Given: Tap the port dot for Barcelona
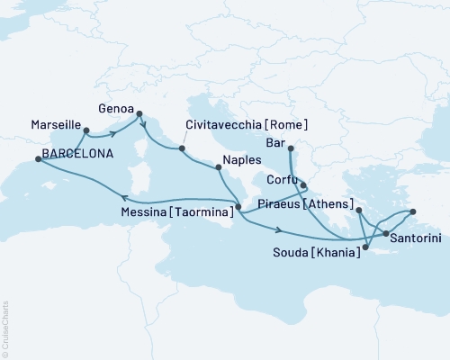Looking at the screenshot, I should (38, 158).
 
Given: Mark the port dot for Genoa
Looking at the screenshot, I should (139, 113).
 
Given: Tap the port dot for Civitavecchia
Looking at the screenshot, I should (182, 148).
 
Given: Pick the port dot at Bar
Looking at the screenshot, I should (291, 148).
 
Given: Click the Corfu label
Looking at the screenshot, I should (282, 180).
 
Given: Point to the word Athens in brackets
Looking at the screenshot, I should (328, 204).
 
